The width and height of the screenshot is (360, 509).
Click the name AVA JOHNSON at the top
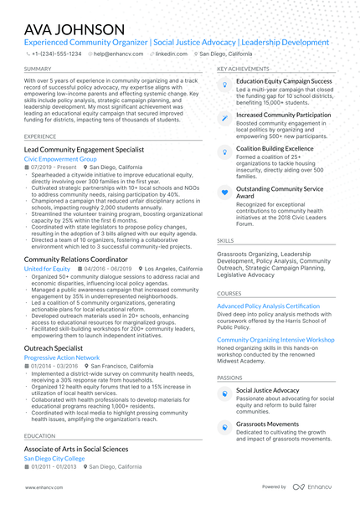[75, 30]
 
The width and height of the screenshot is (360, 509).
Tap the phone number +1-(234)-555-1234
[57, 53]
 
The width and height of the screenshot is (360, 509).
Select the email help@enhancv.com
[113, 53]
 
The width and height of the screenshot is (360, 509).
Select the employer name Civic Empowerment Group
[60, 157]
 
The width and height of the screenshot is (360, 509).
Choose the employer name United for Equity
[47, 269]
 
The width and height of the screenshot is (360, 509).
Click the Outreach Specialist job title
[54, 347]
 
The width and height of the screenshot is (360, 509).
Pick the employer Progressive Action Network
[62, 357]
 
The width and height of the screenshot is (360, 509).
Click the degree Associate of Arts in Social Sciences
[76, 450]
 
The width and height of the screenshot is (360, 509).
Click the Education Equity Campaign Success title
[284, 81]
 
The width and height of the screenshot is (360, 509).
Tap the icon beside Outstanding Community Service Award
[224, 191]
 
